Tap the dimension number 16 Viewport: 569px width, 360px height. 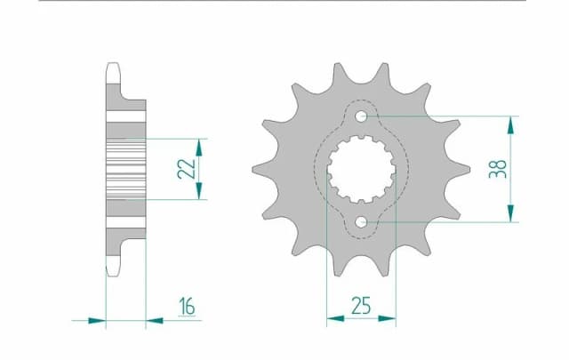(186, 307)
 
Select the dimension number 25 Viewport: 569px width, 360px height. (361, 307)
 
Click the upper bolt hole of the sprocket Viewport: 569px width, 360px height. (362, 116)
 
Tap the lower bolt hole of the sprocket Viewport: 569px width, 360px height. (362, 221)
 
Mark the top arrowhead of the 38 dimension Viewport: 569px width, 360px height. (510, 122)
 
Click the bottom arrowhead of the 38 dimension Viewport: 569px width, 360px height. (510, 215)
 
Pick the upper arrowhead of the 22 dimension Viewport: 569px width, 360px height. (199, 144)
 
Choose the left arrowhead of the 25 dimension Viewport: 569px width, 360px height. (332, 317)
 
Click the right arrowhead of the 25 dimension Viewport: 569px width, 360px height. (390, 317)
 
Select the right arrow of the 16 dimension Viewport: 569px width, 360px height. (153, 317)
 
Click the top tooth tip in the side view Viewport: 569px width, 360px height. (113, 65)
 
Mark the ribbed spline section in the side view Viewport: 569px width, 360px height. (125, 169)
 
